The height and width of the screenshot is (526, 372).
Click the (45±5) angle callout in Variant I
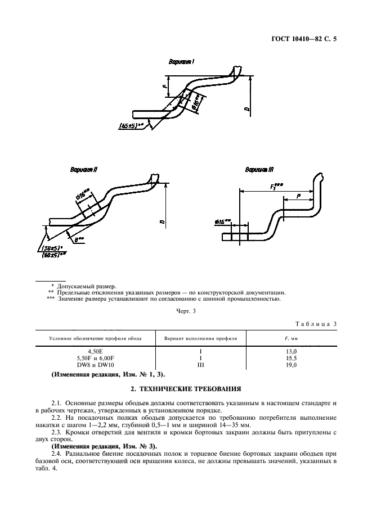tap(132, 125)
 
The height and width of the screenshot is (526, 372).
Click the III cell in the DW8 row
tap(201, 364)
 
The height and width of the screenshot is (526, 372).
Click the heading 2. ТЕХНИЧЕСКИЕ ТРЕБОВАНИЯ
tap(186, 388)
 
